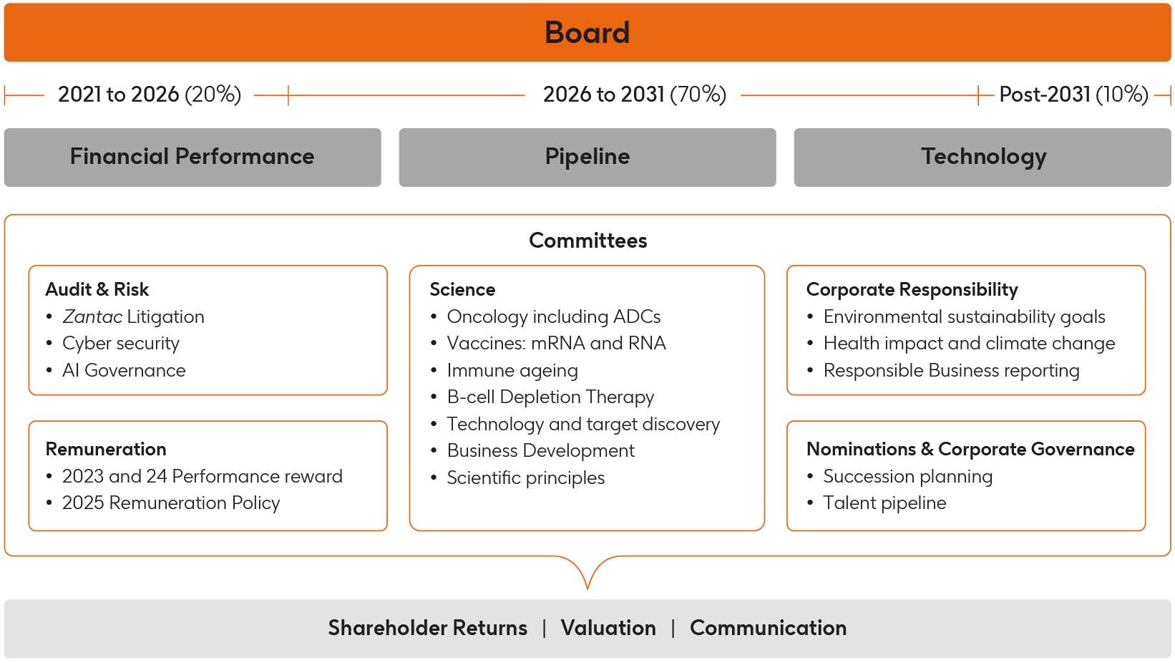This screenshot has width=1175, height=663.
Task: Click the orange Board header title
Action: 587,33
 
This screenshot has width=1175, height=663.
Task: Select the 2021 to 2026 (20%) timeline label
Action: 149,95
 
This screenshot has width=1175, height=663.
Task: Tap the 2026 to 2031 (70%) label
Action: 634,95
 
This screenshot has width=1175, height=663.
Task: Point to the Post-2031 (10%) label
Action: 1073,95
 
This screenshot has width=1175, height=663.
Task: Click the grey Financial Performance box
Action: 192,157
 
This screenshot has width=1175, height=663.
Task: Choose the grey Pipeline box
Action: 587,157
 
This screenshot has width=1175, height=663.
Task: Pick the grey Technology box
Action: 983,157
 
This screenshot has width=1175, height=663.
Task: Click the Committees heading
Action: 587,241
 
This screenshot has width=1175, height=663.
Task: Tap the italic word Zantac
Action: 92,316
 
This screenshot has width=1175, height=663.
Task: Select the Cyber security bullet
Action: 120,344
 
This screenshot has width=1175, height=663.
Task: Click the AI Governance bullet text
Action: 124,370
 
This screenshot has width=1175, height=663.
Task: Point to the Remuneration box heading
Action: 106,449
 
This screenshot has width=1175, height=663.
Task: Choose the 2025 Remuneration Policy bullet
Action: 170,503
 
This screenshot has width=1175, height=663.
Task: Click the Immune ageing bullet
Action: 512,370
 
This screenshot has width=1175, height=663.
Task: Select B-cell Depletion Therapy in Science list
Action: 550,397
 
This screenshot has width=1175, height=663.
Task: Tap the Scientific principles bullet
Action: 525,478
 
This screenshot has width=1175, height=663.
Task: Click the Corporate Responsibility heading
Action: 912,289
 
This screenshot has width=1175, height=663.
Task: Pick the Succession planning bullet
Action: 907,476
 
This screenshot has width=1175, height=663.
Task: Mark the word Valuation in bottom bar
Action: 608,628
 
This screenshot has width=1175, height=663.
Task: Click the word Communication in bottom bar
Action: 768,628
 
